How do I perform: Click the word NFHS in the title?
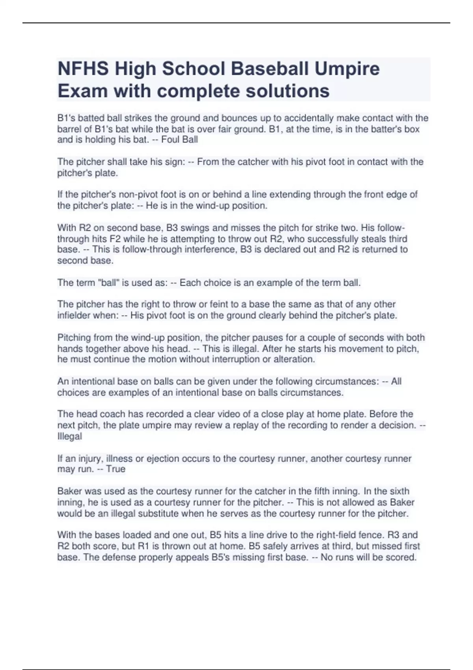pos(83,69)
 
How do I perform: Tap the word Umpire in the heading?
pos(346,69)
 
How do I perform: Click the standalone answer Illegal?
pos(70,436)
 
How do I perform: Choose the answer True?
pos(115,469)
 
